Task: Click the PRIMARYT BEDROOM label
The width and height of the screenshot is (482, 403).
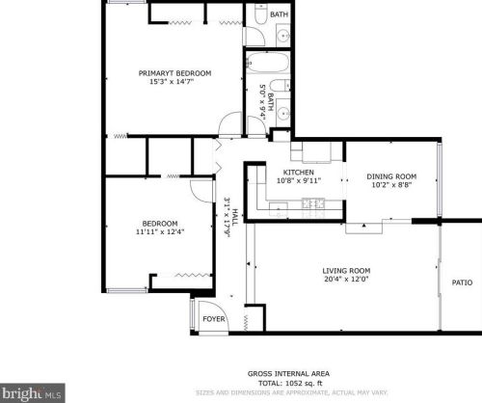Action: tap(174, 73)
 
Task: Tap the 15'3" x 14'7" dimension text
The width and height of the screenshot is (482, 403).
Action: tap(174, 83)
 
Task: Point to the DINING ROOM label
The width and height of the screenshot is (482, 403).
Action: tap(391, 176)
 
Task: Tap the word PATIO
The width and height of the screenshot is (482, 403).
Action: tap(463, 282)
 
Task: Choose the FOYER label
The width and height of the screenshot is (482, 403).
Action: tap(212, 319)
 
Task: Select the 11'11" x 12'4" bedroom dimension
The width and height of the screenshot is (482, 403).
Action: tap(160, 231)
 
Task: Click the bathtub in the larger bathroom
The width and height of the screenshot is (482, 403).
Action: tap(266, 67)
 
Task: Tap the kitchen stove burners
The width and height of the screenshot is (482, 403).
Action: tap(313, 202)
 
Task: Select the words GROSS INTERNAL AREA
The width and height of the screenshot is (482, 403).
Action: tap(288, 372)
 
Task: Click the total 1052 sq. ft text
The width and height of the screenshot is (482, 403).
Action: tap(288, 383)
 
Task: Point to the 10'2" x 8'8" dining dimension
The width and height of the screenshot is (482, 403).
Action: tap(391, 186)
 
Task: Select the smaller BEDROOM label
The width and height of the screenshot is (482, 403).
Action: tap(160, 222)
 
